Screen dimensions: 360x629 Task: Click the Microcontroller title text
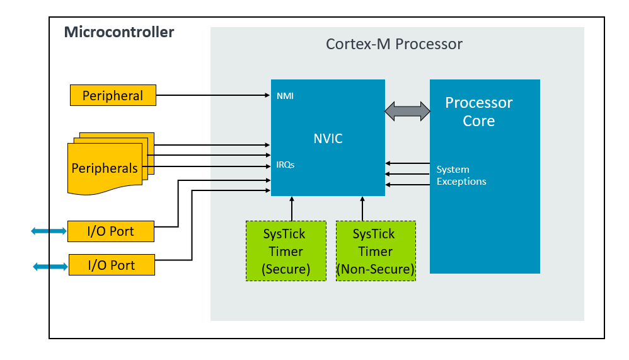click(x=119, y=32)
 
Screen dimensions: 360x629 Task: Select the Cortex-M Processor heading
click(x=394, y=44)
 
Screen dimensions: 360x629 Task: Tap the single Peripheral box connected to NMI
click(x=113, y=96)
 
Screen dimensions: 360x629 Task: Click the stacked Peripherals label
click(x=105, y=168)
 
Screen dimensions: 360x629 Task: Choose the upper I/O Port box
click(x=111, y=231)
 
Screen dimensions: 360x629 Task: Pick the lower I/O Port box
click(x=111, y=265)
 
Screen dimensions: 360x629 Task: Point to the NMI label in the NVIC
click(x=285, y=96)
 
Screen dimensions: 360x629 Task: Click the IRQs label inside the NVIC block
click(x=286, y=165)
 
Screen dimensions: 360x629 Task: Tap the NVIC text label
click(x=328, y=139)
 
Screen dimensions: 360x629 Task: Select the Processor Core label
click(x=479, y=112)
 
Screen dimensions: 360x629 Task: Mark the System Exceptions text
click(x=461, y=175)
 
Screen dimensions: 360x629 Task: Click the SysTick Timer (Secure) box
click(x=286, y=251)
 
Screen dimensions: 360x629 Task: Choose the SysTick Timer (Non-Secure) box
click(x=376, y=251)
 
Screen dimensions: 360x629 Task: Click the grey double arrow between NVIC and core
click(x=407, y=112)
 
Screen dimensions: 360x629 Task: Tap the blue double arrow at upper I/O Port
click(x=49, y=231)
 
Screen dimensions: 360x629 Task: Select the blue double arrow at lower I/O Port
click(x=50, y=267)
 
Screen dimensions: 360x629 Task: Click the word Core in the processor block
click(x=479, y=121)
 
